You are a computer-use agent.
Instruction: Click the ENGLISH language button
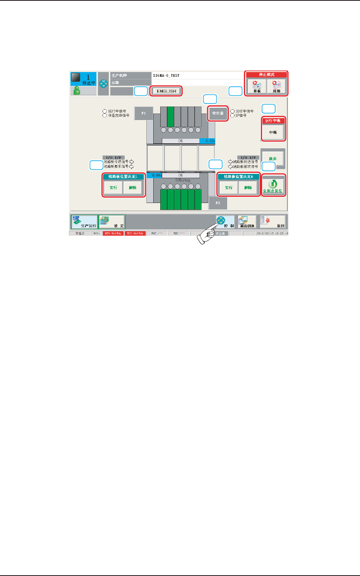click(x=166, y=91)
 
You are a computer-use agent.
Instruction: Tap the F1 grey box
click(x=144, y=113)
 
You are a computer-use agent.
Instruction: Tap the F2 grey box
click(x=218, y=203)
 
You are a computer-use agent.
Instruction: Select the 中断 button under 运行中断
click(x=273, y=132)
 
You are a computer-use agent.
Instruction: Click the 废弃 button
click(x=273, y=159)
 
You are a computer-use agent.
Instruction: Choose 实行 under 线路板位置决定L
click(x=113, y=188)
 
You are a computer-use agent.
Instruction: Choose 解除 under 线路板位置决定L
click(x=133, y=188)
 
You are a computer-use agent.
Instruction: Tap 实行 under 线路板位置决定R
click(x=229, y=188)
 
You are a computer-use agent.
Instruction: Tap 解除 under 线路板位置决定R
click(x=248, y=188)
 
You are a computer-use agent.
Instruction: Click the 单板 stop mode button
click(x=257, y=87)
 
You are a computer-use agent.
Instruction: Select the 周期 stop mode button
click(x=276, y=87)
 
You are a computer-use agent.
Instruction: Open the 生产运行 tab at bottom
click(x=84, y=222)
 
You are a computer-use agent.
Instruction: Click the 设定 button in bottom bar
click(x=112, y=222)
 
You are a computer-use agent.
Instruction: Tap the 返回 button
click(x=273, y=222)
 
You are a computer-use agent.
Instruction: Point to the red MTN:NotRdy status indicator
click(x=113, y=234)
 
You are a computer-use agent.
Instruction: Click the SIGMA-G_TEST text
click(x=166, y=76)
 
